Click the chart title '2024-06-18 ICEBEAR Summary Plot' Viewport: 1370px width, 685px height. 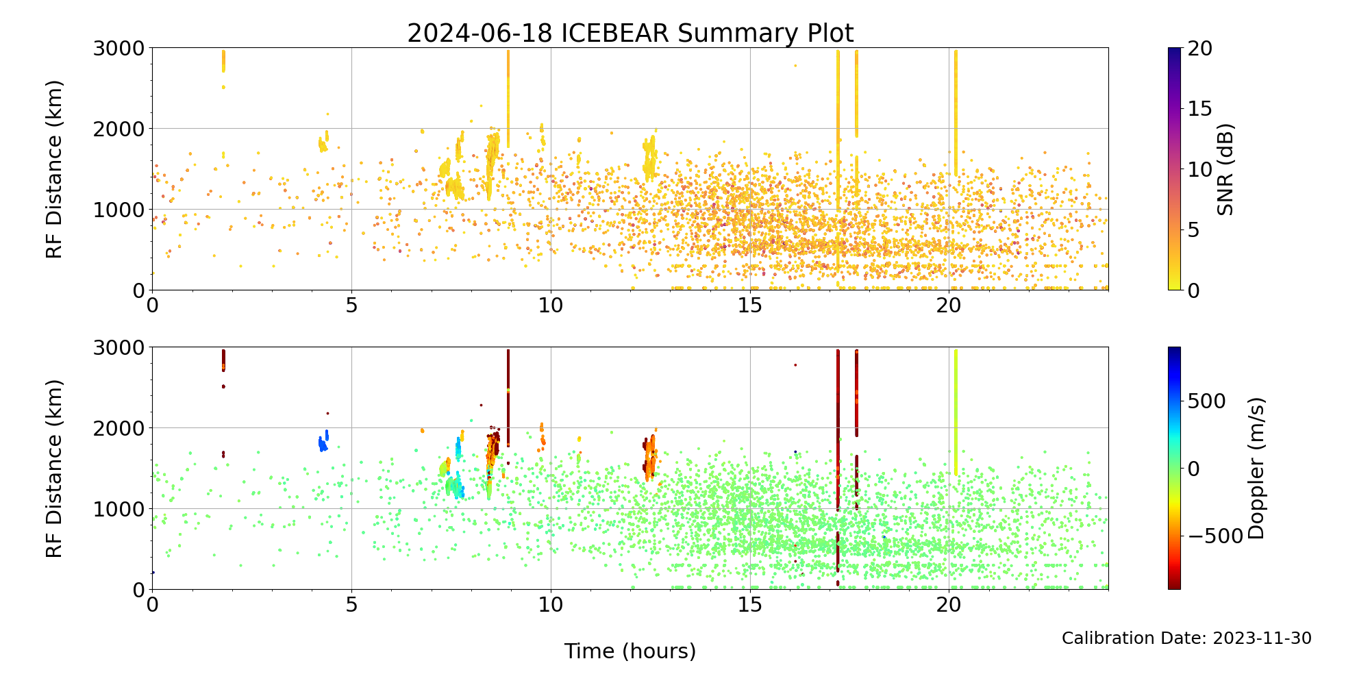coord(630,33)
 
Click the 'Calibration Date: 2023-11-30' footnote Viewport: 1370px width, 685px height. coord(1186,638)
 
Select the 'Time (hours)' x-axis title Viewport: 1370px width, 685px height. coord(630,651)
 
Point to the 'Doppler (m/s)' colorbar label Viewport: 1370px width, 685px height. coord(1256,469)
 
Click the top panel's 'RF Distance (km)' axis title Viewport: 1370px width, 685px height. coord(55,169)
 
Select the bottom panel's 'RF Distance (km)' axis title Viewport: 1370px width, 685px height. coord(55,469)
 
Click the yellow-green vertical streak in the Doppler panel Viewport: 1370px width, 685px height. coord(956,411)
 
